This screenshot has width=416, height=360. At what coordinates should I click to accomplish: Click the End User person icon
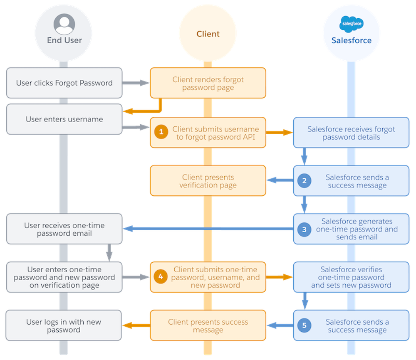click(x=64, y=24)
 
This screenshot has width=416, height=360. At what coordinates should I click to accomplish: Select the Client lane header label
click(x=208, y=34)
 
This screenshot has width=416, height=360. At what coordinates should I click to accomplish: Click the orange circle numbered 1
click(x=161, y=133)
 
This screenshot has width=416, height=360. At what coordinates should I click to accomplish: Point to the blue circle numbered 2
click(x=305, y=181)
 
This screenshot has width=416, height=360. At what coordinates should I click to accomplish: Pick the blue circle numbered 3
click(x=305, y=229)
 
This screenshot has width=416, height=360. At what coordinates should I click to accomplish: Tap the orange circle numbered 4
click(x=161, y=277)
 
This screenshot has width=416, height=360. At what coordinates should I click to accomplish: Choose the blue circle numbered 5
click(x=305, y=325)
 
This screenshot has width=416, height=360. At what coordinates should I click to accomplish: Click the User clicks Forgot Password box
click(x=64, y=83)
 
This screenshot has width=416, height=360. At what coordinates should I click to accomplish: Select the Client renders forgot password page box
click(x=208, y=83)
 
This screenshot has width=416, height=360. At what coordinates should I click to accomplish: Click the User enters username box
click(x=64, y=119)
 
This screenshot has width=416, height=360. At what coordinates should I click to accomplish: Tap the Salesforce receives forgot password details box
click(x=351, y=133)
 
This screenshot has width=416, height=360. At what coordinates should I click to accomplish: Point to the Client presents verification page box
click(x=208, y=181)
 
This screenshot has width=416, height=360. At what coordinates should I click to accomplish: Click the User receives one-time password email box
click(x=64, y=229)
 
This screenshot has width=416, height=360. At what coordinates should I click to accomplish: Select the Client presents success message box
click(x=208, y=325)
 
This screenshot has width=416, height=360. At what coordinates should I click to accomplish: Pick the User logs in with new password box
click(x=64, y=325)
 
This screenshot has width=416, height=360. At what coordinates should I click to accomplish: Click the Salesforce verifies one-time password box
click(x=351, y=277)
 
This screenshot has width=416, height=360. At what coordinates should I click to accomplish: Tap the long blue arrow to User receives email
click(x=208, y=228)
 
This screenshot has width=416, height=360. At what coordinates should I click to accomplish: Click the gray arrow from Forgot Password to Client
click(x=136, y=83)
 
